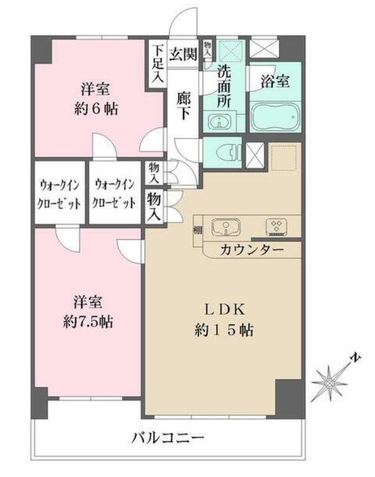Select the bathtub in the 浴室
tap(276, 115)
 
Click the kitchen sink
tap(225, 228)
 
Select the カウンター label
tap(252, 250)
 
